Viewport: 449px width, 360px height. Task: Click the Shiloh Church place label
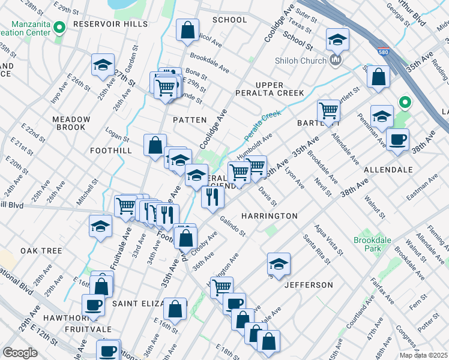pos(300,61)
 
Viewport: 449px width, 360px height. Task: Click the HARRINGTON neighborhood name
pos(269,215)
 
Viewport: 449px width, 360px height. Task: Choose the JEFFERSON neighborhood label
pos(309,284)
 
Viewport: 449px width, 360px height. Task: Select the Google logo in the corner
pos(20,352)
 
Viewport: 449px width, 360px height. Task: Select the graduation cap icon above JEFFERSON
pos(279,263)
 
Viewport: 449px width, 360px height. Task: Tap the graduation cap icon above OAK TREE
pos(100,226)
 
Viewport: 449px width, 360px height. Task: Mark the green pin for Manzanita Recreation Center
pos(59,28)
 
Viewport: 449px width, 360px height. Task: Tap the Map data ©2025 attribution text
pos(423,355)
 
